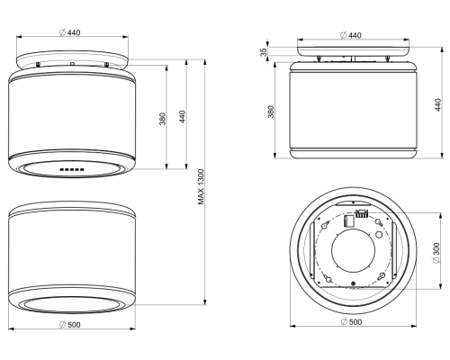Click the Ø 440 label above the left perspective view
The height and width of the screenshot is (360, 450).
click(70, 32)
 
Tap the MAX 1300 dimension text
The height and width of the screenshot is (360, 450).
click(201, 187)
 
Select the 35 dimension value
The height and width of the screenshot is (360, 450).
click(263, 52)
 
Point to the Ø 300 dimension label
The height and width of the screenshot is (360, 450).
click(436, 253)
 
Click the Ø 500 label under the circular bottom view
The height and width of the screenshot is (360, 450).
click(352, 321)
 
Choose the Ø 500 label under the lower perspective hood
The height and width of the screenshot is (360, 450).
click(70, 324)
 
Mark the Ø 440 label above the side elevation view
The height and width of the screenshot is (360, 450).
click(351, 35)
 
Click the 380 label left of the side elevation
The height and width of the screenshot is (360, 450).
click(271, 112)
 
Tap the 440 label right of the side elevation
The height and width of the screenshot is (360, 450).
click(438, 104)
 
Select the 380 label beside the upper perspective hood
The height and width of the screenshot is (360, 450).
click(162, 119)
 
